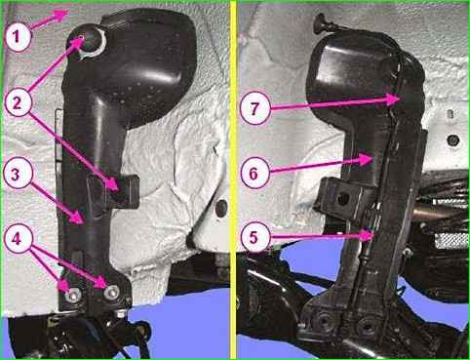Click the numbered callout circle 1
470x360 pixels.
(x=18, y=37)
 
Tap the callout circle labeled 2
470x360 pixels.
(x=18, y=102)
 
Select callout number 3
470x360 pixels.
(x=18, y=174)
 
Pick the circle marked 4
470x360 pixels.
(x=18, y=239)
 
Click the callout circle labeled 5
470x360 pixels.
(x=255, y=238)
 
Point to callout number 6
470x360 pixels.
(x=255, y=173)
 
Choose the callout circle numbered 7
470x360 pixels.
(x=255, y=108)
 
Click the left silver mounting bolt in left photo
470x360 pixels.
(x=73, y=296)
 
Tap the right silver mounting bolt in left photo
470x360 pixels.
(x=112, y=293)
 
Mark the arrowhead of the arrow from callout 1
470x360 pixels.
(x=60, y=14)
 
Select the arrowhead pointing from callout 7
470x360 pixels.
(x=394, y=99)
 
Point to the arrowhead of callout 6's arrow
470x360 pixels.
(x=365, y=160)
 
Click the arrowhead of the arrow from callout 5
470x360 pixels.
(x=368, y=235)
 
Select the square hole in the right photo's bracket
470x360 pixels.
(x=342, y=198)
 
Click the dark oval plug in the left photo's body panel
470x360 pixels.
(x=220, y=208)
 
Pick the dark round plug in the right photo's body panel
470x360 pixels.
(x=452, y=140)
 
